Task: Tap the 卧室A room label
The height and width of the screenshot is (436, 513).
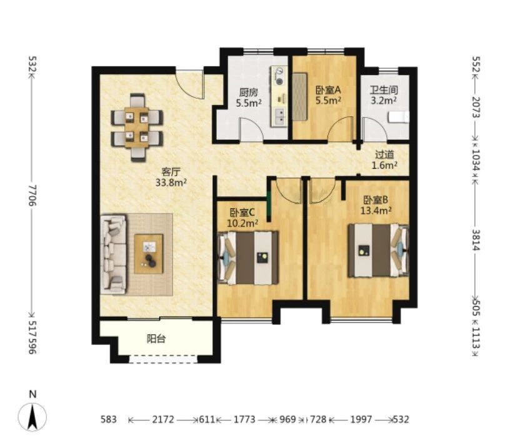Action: (x=328, y=89)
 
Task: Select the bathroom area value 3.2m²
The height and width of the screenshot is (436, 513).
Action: (x=384, y=101)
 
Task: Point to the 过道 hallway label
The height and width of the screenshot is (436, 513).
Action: (x=384, y=155)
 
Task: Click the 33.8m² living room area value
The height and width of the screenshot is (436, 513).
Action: (x=171, y=182)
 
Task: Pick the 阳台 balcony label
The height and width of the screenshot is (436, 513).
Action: (x=156, y=339)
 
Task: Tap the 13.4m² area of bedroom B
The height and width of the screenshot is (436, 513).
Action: (x=376, y=211)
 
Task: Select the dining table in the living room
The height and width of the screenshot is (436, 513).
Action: (x=137, y=127)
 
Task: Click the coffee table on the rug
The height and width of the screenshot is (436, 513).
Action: (x=149, y=254)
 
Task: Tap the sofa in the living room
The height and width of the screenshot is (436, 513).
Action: (x=114, y=254)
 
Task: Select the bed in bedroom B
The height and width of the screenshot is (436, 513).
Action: (x=379, y=250)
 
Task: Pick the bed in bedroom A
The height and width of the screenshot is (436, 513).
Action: (x=300, y=97)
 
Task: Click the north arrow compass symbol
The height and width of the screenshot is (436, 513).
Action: (x=32, y=416)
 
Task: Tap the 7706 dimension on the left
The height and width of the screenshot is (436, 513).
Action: (x=32, y=196)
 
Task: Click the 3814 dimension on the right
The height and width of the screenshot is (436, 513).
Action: (x=476, y=240)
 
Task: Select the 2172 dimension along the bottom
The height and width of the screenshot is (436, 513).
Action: (x=163, y=419)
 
